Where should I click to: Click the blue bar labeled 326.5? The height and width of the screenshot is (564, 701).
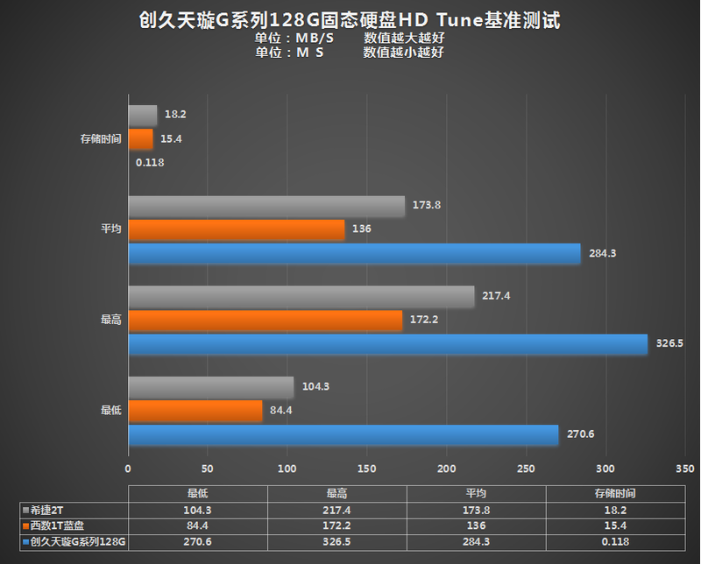[387, 344]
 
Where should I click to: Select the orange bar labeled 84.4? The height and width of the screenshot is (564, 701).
[195, 411]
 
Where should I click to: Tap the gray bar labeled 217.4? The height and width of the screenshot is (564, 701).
[301, 296]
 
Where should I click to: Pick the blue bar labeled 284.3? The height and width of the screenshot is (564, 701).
[354, 254]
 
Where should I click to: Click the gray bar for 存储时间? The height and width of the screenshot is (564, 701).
[143, 115]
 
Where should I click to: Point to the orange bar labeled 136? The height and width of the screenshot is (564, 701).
[237, 229]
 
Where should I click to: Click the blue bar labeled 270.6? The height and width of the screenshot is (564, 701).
[343, 435]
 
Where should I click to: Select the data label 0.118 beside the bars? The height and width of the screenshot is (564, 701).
[150, 162]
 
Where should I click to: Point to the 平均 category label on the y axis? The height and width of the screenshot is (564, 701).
[110, 229]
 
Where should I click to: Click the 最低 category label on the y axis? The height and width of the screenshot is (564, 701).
[110, 410]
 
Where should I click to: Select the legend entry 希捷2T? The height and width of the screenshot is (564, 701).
[47, 509]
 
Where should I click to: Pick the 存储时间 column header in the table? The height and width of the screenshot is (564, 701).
[614, 493]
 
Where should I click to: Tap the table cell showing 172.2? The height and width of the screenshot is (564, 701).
[336, 525]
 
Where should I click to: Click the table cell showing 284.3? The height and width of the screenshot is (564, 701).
[476, 542]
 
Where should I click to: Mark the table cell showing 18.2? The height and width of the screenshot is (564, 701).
[614, 509]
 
